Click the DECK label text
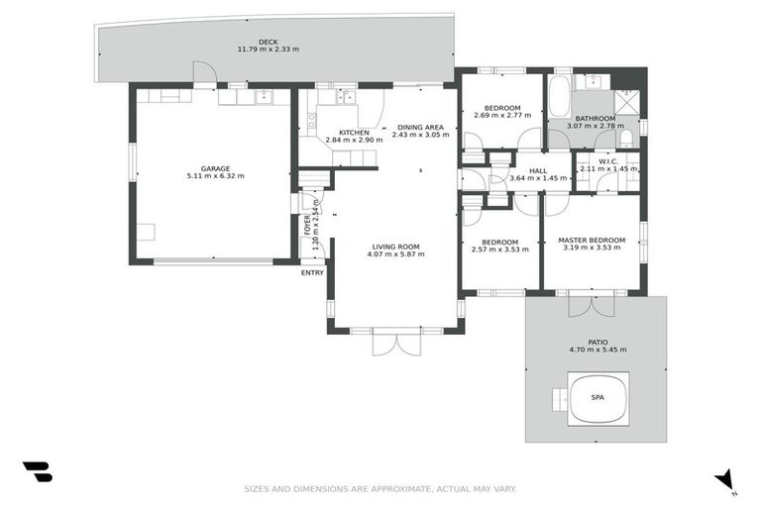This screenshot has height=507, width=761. coord(268,42)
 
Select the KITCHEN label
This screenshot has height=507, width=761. coord(354,133)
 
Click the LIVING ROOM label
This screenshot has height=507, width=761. coord(395,247)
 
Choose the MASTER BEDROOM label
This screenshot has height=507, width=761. coord(591,240)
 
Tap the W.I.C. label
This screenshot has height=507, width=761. coord(607,162)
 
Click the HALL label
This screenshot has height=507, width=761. coord(538,170)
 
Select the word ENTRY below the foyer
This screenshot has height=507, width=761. coord(312,273)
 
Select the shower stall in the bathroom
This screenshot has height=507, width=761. coord(626,102)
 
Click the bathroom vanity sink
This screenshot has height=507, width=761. coord(591,83)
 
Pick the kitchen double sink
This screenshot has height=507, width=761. coord(346,97)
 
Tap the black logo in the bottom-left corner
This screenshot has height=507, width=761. coord(37,472)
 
